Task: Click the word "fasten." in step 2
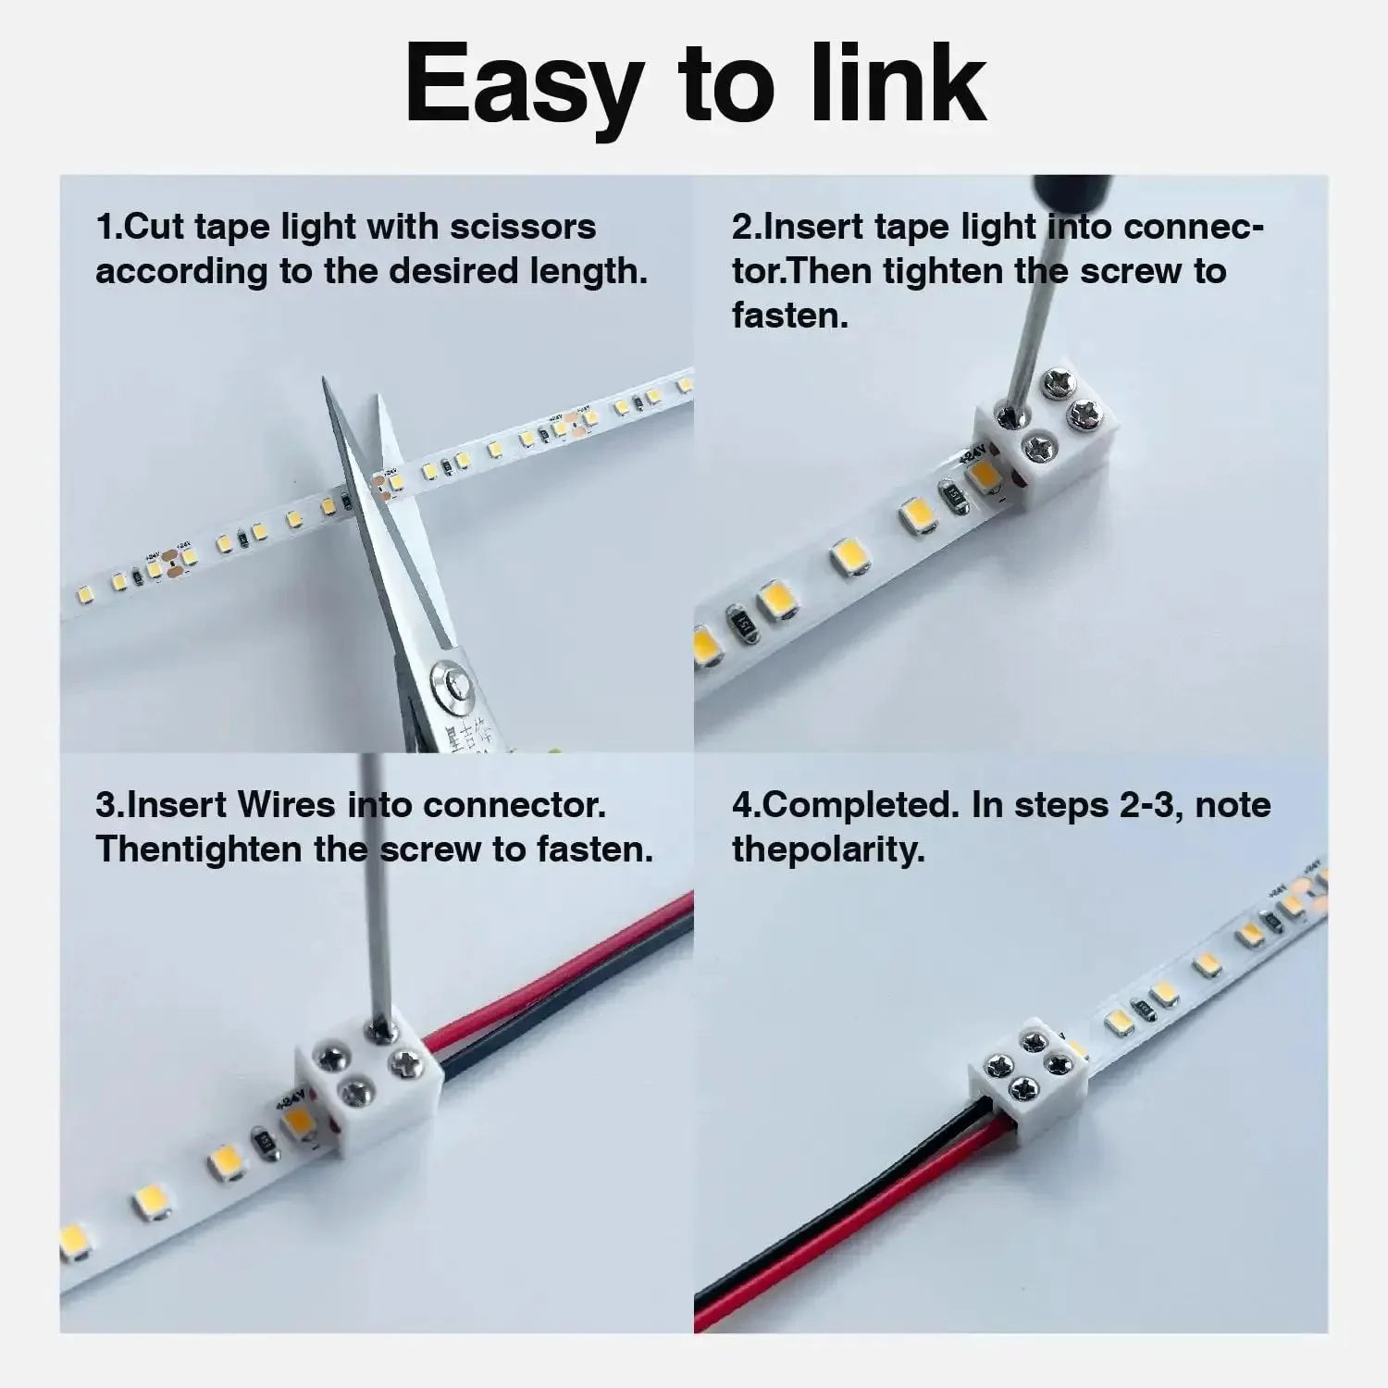point(790,316)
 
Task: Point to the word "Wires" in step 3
point(286,805)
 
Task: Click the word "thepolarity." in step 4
point(828,849)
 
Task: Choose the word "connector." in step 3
point(514,805)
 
